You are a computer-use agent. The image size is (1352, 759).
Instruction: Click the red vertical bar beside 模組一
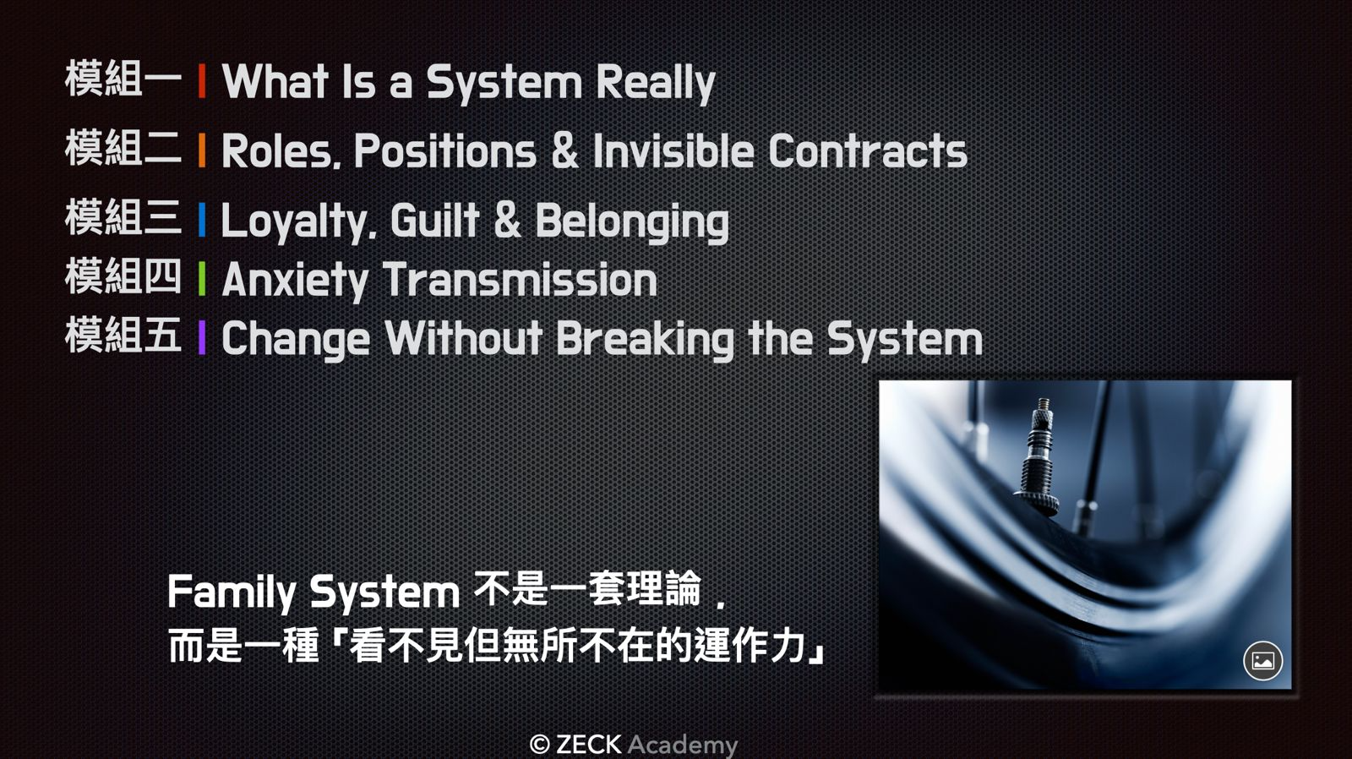point(202,81)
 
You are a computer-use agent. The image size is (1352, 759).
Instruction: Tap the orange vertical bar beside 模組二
point(202,150)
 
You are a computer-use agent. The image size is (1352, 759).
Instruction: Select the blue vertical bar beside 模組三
point(202,220)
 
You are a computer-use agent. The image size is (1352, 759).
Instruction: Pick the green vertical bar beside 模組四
point(202,278)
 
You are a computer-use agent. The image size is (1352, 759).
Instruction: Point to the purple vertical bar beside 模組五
point(202,337)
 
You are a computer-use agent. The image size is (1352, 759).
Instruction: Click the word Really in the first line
point(656,84)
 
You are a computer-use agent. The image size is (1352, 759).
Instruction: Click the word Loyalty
point(299,221)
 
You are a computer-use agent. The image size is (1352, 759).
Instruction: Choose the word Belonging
point(632,221)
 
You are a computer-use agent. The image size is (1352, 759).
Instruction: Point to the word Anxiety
point(295,281)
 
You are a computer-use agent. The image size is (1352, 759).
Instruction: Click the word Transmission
point(520,280)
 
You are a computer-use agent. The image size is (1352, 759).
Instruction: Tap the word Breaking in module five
point(645,339)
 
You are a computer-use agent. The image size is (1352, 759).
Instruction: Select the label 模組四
point(123,277)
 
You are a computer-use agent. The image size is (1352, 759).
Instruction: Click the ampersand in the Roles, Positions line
point(564,150)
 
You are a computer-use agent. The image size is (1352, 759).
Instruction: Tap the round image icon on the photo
point(1262,661)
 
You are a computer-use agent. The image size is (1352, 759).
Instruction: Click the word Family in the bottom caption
point(232,593)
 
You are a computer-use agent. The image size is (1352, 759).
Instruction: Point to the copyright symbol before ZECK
point(539,745)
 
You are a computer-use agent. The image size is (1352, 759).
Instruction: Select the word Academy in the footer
point(683,745)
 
